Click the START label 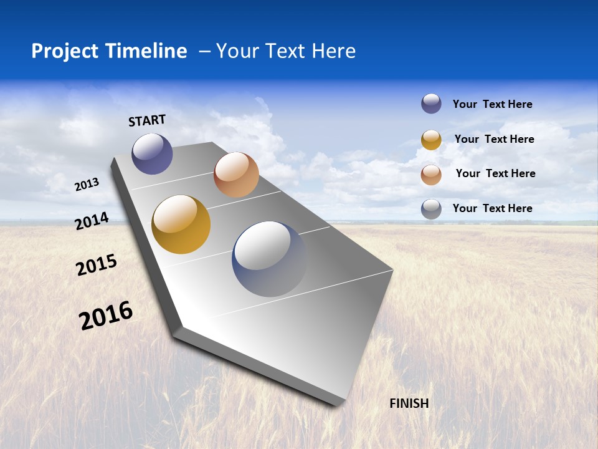pos(147,120)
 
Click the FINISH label pos(409,403)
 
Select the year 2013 pos(87,184)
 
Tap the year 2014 pos(92,221)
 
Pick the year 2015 pos(96,265)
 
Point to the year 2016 pos(106,316)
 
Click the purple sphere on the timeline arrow pos(152,153)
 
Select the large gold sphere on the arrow pos(181,224)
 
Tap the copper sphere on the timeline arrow pos(236,175)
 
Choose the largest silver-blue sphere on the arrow pos(269,259)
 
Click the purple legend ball pos(431,104)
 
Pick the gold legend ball pos(431,140)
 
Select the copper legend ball pos(431,174)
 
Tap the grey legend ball pos(431,209)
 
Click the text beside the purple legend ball pos(492,104)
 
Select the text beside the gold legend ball pos(494,139)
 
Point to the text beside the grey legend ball pos(492,208)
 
